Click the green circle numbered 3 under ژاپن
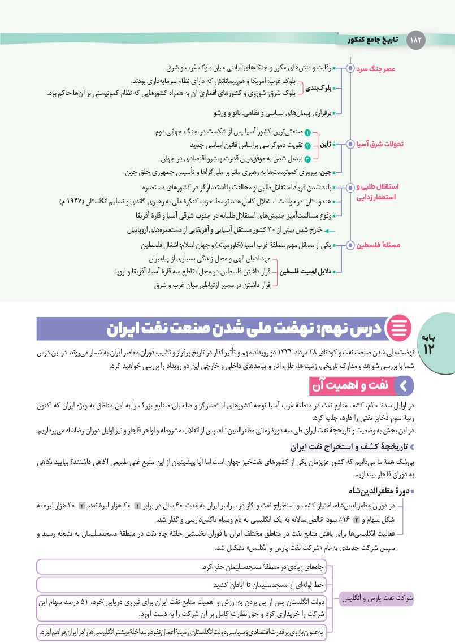point(307,159)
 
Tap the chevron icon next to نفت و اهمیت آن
point(403,385)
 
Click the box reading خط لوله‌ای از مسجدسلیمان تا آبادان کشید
point(186,584)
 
